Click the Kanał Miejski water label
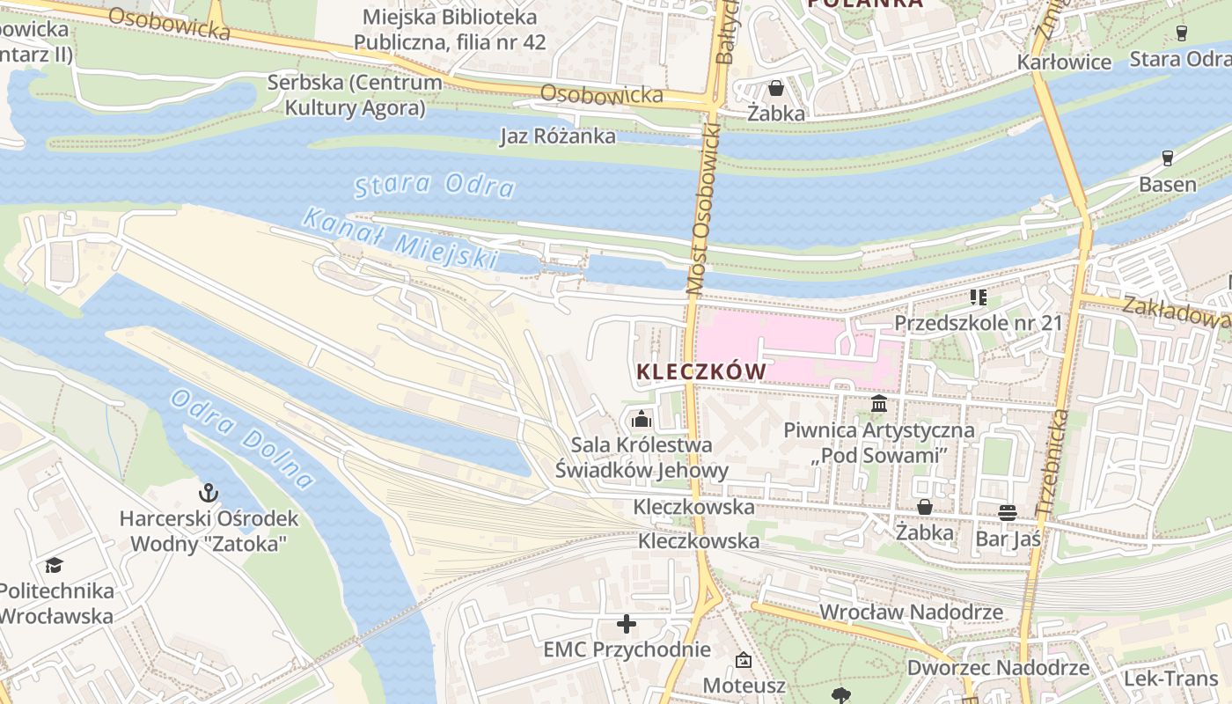click(x=400, y=238)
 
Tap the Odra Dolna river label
click(x=241, y=438)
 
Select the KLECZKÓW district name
click(x=701, y=372)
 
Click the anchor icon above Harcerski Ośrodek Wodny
click(x=209, y=492)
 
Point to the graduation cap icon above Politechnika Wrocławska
click(x=55, y=565)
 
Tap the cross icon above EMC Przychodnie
click(x=627, y=624)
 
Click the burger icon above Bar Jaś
click(x=1008, y=512)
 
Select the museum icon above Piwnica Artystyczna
click(x=879, y=404)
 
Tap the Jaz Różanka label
click(x=558, y=136)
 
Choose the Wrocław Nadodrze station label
click(x=911, y=612)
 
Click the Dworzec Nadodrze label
click(x=998, y=668)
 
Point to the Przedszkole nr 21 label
click(x=979, y=322)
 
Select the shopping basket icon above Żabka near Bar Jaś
click(x=925, y=507)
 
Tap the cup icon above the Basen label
click(x=1168, y=158)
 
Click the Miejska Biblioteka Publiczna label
click(x=450, y=29)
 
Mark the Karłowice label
click(x=1064, y=62)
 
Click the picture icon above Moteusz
click(x=744, y=659)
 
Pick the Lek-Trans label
click(x=1170, y=678)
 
